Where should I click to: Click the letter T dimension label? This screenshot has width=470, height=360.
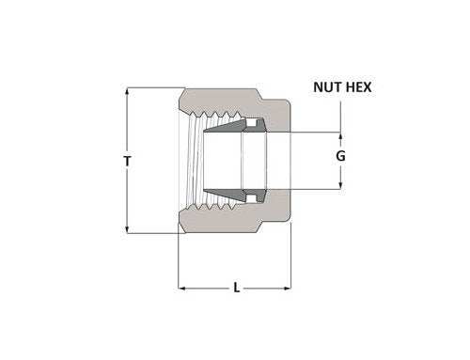[x=128, y=161]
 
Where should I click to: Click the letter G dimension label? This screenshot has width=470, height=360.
[x=341, y=160]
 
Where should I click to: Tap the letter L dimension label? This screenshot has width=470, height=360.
[x=235, y=289]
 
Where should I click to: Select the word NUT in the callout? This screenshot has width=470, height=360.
[x=328, y=89]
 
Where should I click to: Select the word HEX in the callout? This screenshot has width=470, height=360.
[x=360, y=89]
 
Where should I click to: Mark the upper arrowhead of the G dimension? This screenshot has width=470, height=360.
[x=341, y=133]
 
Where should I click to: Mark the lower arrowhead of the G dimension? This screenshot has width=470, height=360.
[x=341, y=186]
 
